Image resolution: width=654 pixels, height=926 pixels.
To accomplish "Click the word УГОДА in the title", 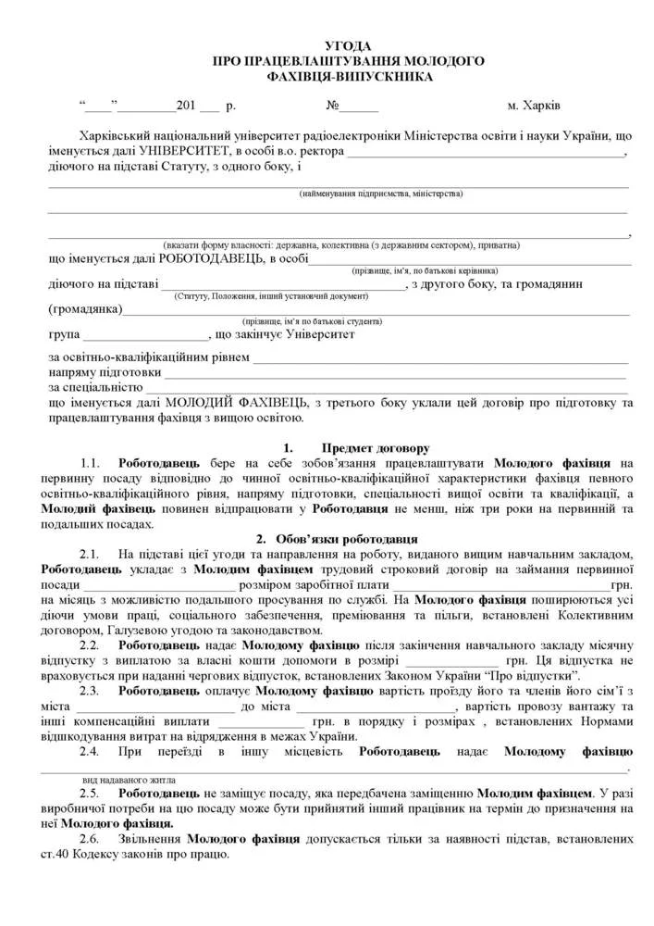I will (x=348, y=45).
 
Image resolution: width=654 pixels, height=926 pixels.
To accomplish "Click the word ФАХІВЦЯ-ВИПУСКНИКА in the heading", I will (x=348, y=76).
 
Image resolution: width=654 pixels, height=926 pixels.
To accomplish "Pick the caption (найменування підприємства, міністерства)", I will (x=380, y=194).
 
